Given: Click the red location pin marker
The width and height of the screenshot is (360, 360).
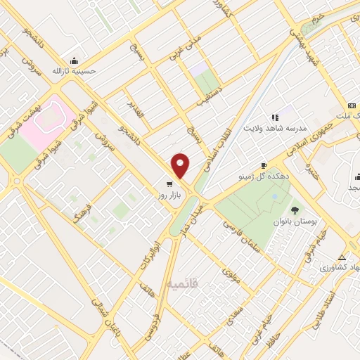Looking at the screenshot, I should tap(181, 166).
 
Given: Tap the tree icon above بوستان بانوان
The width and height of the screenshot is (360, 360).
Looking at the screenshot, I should tap(295, 210).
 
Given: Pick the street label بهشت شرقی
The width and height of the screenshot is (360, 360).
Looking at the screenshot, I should tap(32, 112).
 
